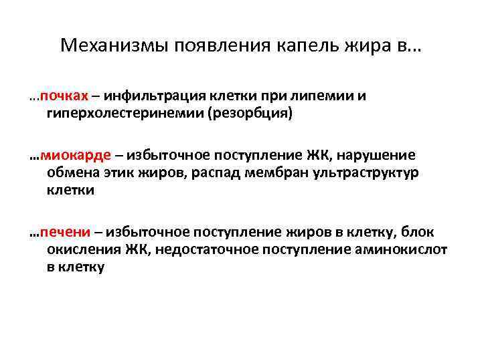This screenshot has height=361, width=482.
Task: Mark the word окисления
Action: (x=82, y=249)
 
